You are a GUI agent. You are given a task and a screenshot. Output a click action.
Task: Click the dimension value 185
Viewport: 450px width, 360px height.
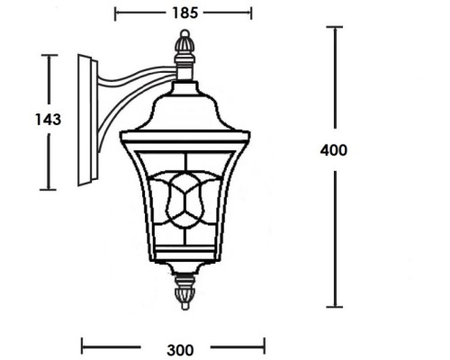[x=184, y=13]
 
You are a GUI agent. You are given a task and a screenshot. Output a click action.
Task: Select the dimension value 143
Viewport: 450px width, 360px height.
[x=48, y=120]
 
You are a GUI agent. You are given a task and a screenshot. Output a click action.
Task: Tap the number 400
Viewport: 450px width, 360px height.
[x=333, y=150]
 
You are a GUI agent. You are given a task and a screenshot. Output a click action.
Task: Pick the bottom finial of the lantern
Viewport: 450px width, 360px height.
[x=184, y=292]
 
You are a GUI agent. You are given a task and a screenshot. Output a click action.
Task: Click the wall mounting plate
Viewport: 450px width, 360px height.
[x=85, y=120]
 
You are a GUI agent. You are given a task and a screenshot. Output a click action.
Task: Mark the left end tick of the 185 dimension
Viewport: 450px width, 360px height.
[x=116, y=13]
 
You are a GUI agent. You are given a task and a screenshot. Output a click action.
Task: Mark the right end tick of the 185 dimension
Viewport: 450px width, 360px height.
[x=251, y=13]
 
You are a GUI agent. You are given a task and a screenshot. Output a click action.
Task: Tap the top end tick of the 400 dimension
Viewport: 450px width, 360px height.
[x=334, y=28]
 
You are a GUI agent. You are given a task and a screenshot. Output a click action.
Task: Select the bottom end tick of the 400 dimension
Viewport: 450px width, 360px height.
[x=334, y=307]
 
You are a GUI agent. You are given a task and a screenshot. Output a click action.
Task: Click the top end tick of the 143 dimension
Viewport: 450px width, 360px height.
[x=49, y=56]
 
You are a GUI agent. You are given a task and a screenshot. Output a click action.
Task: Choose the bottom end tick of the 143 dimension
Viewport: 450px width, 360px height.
[x=49, y=189]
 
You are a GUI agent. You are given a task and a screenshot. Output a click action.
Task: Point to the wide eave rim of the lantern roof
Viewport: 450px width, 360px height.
[x=184, y=136]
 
